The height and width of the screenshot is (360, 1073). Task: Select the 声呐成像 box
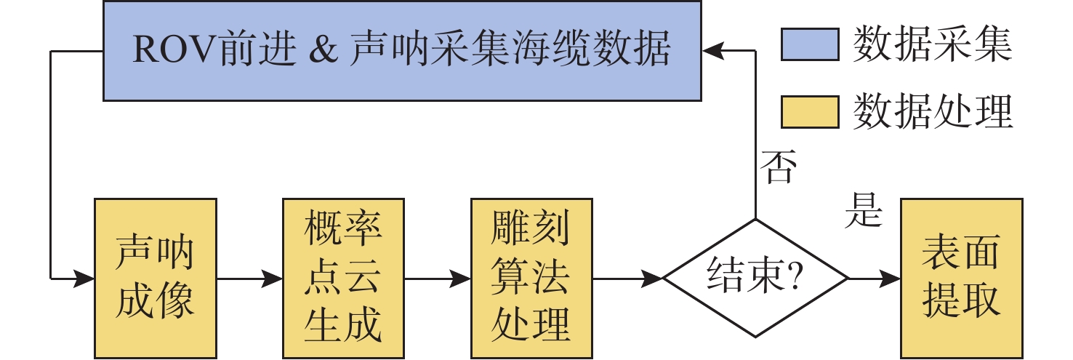tap(155, 277)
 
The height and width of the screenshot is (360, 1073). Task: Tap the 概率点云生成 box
tap(342, 277)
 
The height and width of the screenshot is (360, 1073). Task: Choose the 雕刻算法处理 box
tap(531, 277)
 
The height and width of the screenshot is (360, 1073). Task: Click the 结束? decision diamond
tap(755, 278)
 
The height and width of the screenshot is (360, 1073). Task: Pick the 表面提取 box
tap(961, 277)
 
